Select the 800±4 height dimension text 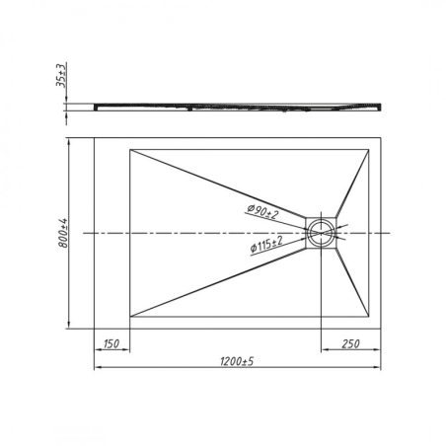pyautogui.click(x=62, y=233)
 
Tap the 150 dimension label pyautogui.click(x=111, y=343)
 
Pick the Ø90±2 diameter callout pyautogui.click(x=262, y=210)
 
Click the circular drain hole pyautogui.click(x=322, y=233)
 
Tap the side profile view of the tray pyautogui.click(x=237, y=102)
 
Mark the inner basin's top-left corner pyautogui.click(x=130, y=149)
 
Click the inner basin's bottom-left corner pyautogui.click(x=130, y=317)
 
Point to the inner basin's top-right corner pyautogui.click(x=371, y=149)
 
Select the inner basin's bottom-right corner pyautogui.click(x=371, y=317)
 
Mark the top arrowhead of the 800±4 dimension pyautogui.click(x=69, y=140)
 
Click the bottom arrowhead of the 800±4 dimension pyautogui.click(x=69, y=325)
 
